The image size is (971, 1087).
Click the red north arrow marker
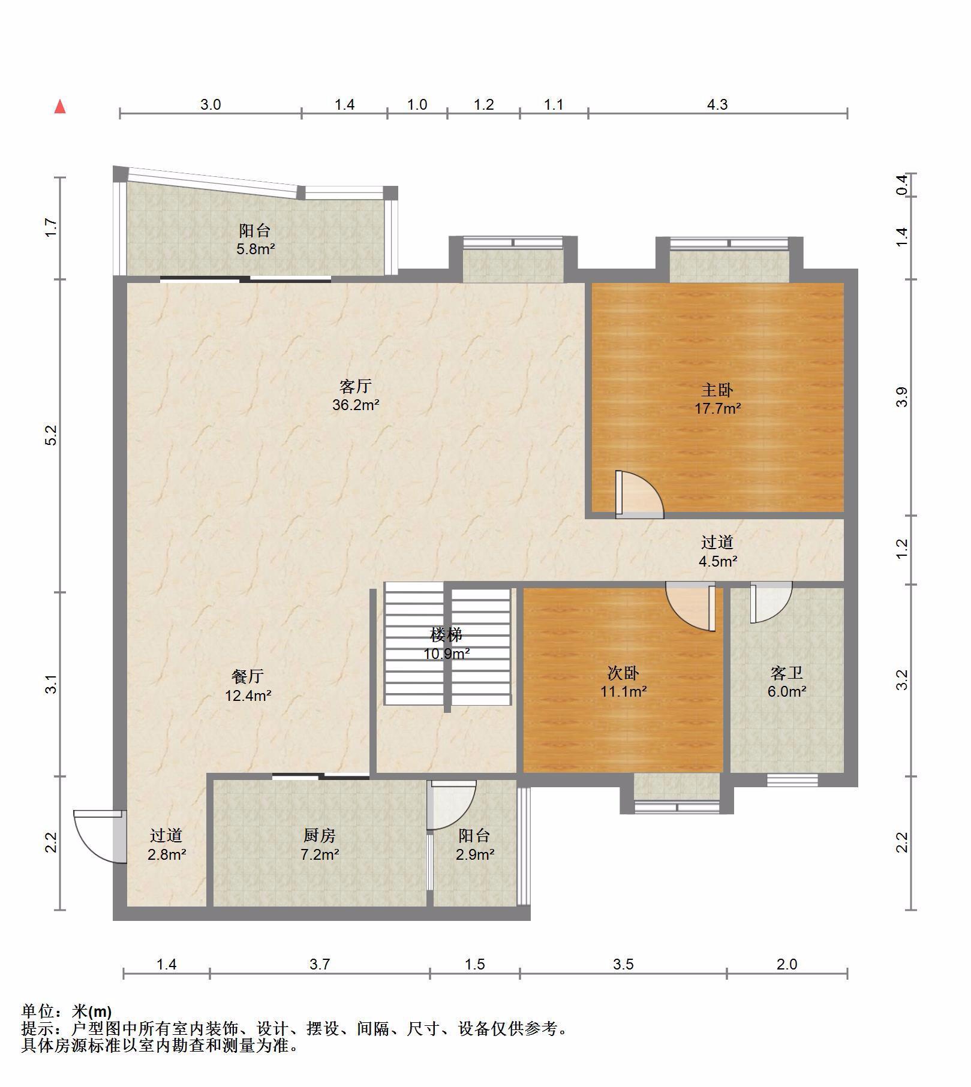[x=60, y=107]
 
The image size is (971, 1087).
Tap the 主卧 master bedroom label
[x=717, y=390]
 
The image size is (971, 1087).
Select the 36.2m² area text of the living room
[x=356, y=405]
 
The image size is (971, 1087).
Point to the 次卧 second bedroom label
[x=624, y=673]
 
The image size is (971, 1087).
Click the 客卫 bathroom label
[x=786, y=673]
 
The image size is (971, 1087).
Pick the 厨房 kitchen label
[x=320, y=835]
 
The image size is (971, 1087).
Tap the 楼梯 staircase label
[x=446, y=634]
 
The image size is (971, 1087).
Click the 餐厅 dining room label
[x=248, y=677]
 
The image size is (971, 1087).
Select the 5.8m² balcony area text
[x=255, y=249]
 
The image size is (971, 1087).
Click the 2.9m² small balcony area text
[x=474, y=854]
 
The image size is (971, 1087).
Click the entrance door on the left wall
[x=99, y=836]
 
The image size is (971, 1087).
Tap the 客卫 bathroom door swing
[x=771, y=603]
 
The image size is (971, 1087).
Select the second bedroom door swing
[x=690, y=606]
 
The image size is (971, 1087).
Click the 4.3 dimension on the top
[x=717, y=105]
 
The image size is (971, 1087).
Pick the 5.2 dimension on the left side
[x=52, y=435]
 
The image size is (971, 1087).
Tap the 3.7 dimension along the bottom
[x=320, y=965]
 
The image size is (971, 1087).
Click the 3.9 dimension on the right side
[x=902, y=397]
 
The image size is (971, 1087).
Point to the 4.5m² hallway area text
[x=718, y=562]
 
